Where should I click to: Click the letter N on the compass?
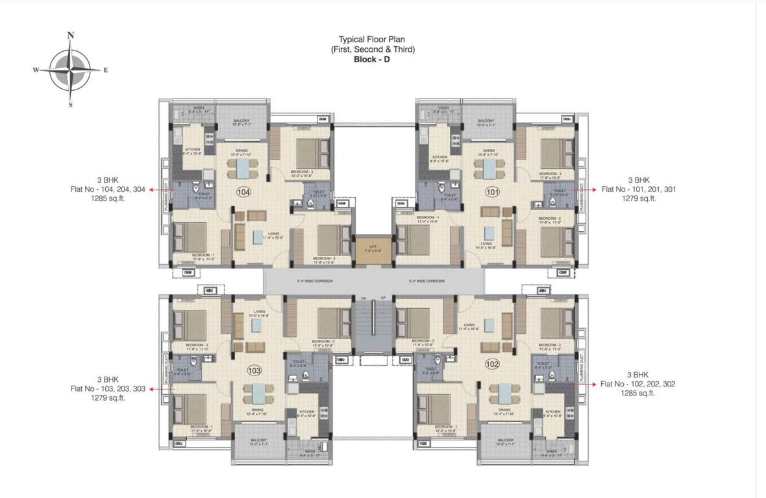click(x=71, y=36)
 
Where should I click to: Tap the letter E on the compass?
click(x=105, y=70)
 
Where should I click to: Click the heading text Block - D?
click(x=372, y=59)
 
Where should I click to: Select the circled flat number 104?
click(x=243, y=192)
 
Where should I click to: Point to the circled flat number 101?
click(x=492, y=192)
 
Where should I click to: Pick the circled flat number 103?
click(x=254, y=370)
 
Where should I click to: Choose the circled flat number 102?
click(x=492, y=364)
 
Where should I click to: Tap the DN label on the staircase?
click(x=364, y=297)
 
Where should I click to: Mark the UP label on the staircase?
click(x=383, y=297)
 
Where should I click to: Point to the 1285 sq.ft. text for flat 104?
click(x=108, y=199)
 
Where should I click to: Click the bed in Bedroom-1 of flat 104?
click(x=190, y=238)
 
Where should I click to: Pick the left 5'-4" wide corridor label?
click(x=315, y=281)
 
